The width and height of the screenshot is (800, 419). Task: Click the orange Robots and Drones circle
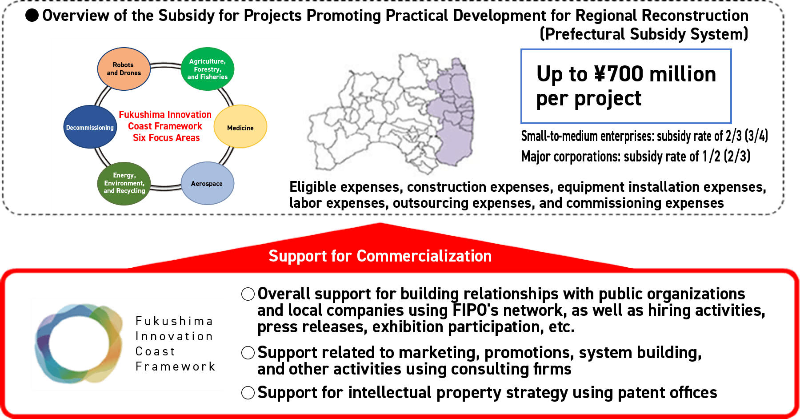pyautogui.click(x=124, y=69)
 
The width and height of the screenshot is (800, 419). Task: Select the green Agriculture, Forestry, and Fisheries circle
pyautogui.click(x=208, y=69)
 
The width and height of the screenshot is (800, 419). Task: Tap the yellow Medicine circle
pyautogui.click(x=240, y=127)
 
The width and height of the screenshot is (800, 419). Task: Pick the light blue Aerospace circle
pyautogui.click(x=207, y=183)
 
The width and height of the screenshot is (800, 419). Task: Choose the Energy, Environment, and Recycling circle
pyautogui.click(x=124, y=183)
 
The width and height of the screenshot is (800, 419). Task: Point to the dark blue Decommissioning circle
pyautogui.click(x=90, y=127)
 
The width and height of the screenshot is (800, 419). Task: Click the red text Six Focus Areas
pyautogui.click(x=166, y=138)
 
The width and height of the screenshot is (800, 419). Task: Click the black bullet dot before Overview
pyautogui.click(x=32, y=16)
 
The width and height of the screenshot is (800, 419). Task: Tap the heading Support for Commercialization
pyautogui.click(x=380, y=256)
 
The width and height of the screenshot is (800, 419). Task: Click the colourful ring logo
pyautogui.click(x=79, y=343)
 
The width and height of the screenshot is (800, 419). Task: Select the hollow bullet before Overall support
pyautogui.click(x=248, y=294)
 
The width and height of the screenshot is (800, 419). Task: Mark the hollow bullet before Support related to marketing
pyautogui.click(x=248, y=353)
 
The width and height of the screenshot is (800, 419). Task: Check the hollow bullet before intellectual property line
pyautogui.click(x=248, y=393)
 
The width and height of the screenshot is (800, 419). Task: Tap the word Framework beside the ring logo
pyautogui.click(x=176, y=367)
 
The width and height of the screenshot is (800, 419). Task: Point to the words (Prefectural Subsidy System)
pyautogui.click(x=644, y=34)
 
